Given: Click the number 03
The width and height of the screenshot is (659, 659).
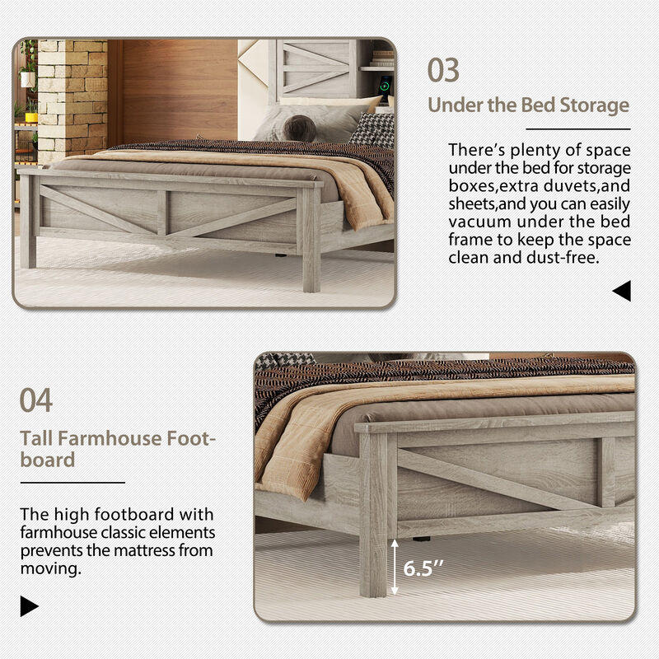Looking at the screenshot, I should [x=443, y=70].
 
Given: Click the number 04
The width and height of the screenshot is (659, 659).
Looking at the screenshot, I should [x=36, y=400].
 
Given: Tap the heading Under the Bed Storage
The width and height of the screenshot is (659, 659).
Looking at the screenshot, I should [x=528, y=105].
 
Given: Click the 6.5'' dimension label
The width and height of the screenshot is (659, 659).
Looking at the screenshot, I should [x=421, y=568].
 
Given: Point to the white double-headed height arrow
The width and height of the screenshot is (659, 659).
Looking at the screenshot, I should [x=396, y=567].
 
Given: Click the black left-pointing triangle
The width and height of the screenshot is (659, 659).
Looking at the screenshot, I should [x=622, y=290].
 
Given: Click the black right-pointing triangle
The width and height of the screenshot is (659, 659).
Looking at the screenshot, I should [x=30, y=607].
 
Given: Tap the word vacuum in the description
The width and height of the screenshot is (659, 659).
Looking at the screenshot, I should [x=480, y=222].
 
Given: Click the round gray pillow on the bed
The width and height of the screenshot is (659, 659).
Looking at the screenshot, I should [x=299, y=128].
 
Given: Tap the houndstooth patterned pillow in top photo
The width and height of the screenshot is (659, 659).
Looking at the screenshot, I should [x=372, y=129].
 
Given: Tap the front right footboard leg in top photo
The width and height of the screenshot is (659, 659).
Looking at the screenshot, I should [x=311, y=239].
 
